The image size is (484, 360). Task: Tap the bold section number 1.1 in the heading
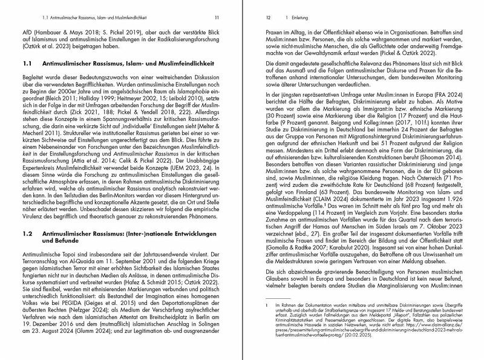pyautogui.click(x=27, y=63)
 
